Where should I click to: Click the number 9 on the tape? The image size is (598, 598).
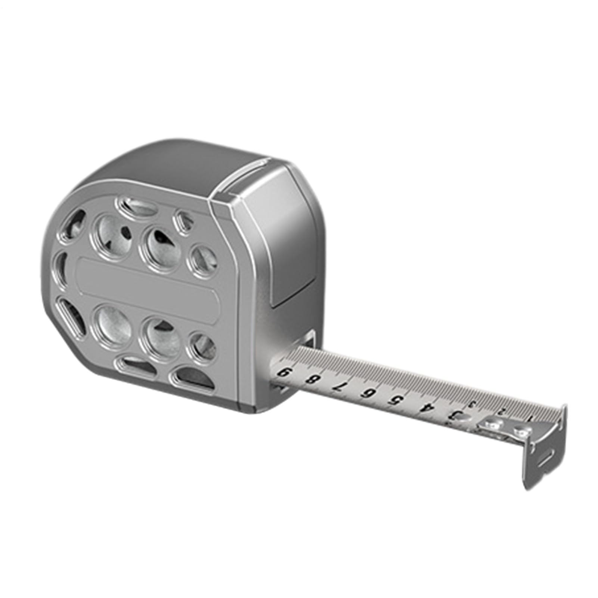(285, 373)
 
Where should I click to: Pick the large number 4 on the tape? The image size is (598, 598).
(423, 407)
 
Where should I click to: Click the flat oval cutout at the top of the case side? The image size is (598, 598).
(136, 207)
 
